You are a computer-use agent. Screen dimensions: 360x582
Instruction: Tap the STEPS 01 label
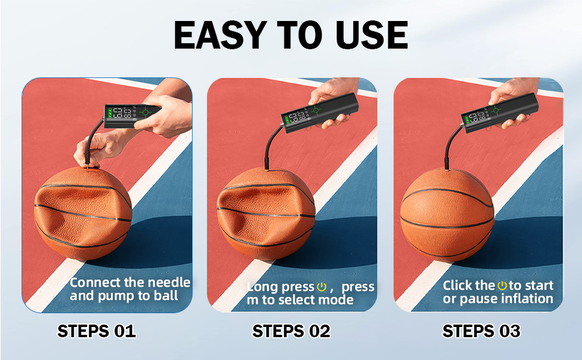click(x=97, y=331)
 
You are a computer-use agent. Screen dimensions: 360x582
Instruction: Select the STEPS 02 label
click(x=291, y=331)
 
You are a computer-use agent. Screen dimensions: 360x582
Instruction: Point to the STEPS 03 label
click(x=481, y=331)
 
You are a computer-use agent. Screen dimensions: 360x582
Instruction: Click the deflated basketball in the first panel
click(x=82, y=213)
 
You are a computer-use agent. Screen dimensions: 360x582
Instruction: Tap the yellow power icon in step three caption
click(x=502, y=286)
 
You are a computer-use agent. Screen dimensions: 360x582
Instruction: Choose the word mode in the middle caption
click(x=338, y=300)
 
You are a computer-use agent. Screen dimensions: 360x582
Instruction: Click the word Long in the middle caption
click(x=263, y=287)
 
